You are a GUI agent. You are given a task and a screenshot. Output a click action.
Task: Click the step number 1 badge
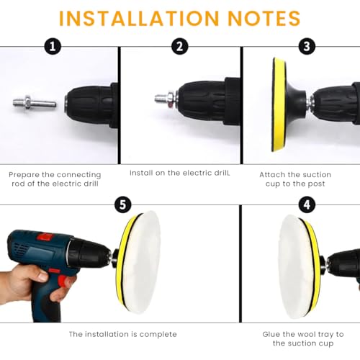pos(53,46)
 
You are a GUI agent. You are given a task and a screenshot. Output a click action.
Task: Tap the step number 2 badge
pos(180,46)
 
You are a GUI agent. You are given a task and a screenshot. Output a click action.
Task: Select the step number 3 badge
pos(307,46)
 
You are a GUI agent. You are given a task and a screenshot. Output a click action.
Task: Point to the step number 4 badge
pos(307,205)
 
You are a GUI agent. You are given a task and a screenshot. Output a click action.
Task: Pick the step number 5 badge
pos(122,205)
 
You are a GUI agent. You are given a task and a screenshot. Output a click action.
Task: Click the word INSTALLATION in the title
pos(139,18)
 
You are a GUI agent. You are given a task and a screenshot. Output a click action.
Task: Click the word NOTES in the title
pos(264,18)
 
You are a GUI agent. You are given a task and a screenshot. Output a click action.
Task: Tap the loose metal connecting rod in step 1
pos(35,103)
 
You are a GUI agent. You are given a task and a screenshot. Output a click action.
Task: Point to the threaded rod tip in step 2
pos(161,99)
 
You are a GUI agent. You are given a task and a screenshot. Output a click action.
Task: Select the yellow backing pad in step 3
pos(279,104)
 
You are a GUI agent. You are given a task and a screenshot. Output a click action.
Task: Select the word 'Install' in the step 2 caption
pos(141,173)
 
